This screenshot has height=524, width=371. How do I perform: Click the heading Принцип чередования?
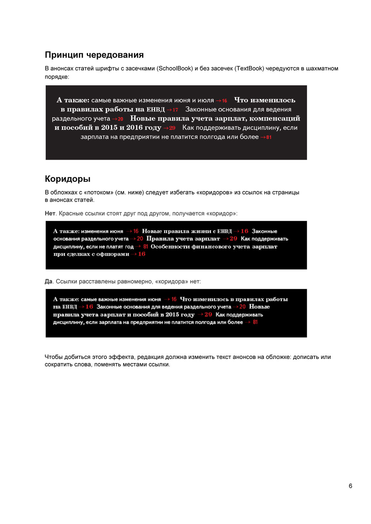click(94, 55)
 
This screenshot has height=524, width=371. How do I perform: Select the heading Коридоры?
click(68, 179)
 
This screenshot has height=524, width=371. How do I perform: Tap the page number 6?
click(350, 486)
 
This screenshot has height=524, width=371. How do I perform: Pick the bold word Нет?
click(50, 213)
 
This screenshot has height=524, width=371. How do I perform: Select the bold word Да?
click(48, 281)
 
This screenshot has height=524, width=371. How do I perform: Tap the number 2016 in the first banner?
click(134, 128)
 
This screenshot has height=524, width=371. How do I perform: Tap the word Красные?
click(71, 213)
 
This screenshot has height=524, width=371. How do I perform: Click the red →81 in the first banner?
click(266, 137)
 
